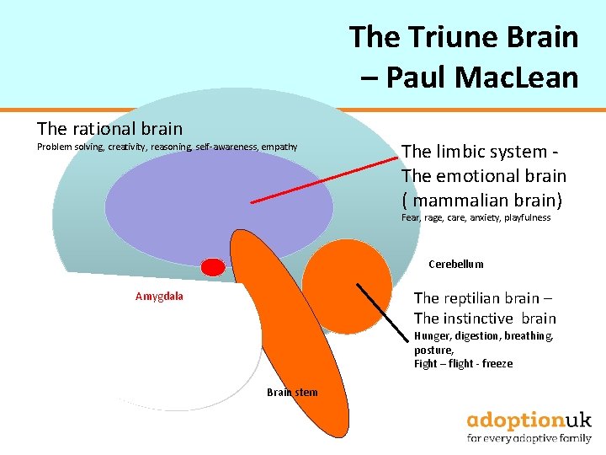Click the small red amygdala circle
(214, 268)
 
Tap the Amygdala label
(159, 297)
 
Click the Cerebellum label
(455, 264)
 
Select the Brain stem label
(292, 392)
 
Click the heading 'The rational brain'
(109, 129)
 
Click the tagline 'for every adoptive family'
(529, 438)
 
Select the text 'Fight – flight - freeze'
(463, 364)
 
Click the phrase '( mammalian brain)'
(484, 201)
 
